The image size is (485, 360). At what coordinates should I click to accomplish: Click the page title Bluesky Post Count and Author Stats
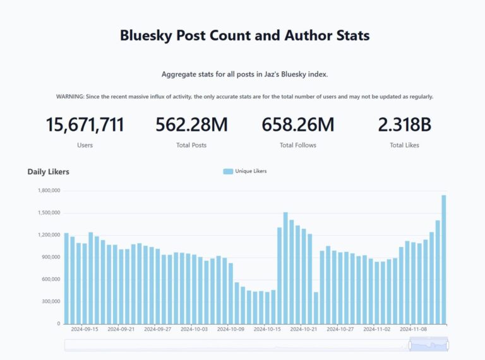[244, 35]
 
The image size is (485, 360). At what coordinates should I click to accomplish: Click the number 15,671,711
[85, 125]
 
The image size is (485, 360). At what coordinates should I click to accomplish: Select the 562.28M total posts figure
[191, 125]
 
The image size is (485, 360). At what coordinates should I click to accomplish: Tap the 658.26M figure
[298, 125]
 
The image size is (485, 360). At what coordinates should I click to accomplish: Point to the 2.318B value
[404, 125]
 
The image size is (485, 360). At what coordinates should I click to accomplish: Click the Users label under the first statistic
[85, 145]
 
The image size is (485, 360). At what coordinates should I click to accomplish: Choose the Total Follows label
[298, 145]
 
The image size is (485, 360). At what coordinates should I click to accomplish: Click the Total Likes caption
[404, 145]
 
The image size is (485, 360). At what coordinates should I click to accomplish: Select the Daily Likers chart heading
[49, 172]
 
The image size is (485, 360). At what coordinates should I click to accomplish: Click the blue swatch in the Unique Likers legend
[228, 171]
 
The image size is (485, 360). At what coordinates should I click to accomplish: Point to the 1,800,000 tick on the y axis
[49, 190]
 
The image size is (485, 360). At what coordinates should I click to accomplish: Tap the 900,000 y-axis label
[49, 257]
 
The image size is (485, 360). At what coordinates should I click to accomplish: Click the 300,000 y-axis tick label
[49, 301]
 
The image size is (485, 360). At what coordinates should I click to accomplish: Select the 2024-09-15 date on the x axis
[85, 329]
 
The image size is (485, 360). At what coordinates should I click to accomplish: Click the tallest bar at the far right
[444, 259]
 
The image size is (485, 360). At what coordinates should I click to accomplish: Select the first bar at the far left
[66, 278]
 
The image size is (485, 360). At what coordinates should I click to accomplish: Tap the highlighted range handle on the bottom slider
[429, 344]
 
